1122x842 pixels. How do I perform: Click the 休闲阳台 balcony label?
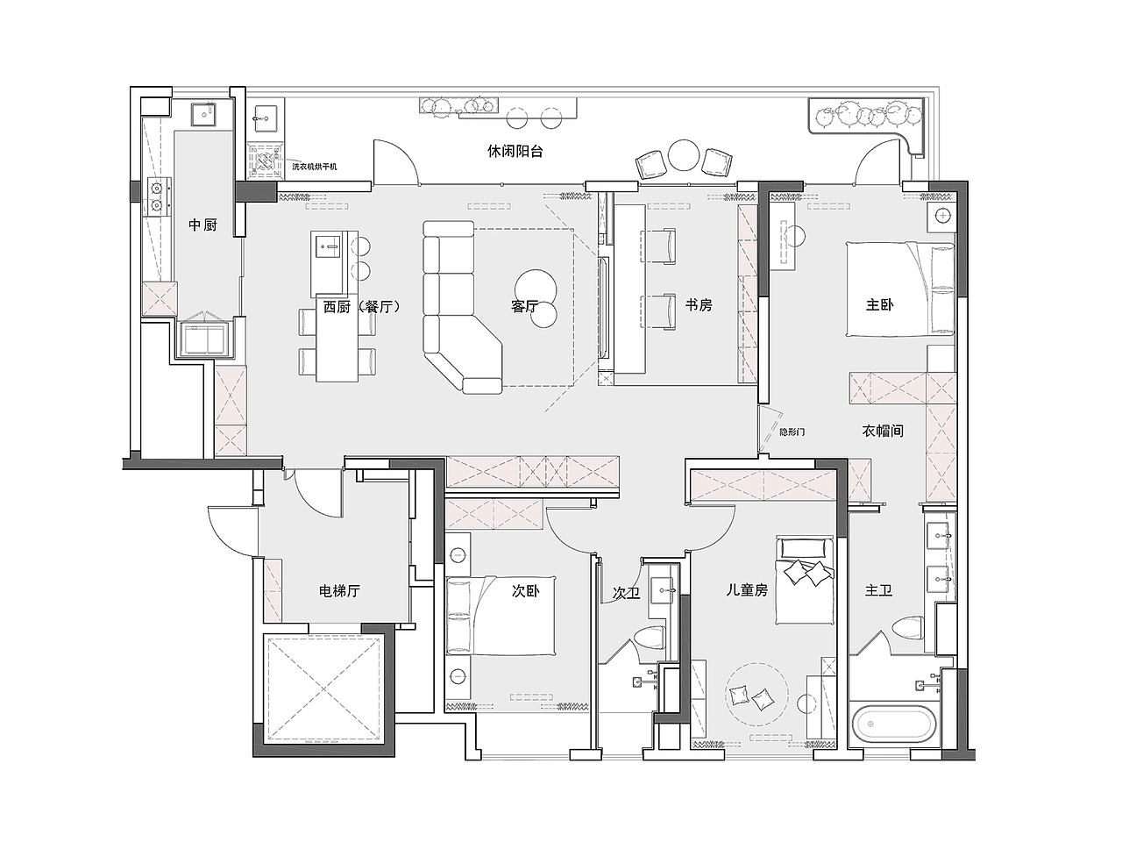[x=515, y=152]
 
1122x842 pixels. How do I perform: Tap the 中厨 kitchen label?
[x=203, y=225]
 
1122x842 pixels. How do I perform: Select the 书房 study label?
[x=699, y=305]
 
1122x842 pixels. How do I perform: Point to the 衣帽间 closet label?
[x=883, y=431]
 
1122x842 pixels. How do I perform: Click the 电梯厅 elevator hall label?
[x=340, y=591]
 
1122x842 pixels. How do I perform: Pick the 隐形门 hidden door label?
[x=792, y=432]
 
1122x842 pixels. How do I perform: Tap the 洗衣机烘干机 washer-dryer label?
[x=315, y=167]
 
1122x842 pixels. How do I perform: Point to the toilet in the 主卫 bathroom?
[x=908, y=628]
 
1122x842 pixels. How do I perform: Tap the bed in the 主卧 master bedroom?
[x=900, y=289]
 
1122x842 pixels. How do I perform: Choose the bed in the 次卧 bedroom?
[x=501, y=616]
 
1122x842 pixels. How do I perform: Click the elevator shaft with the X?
[x=323, y=689]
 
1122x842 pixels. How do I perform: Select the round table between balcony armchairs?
[x=683, y=156]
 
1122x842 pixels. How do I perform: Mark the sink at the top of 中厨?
[x=204, y=114]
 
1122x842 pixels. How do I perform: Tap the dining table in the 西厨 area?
[x=337, y=338]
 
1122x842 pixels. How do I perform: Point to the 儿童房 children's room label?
[x=748, y=590]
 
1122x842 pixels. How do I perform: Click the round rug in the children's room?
[x=757, y=695]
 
